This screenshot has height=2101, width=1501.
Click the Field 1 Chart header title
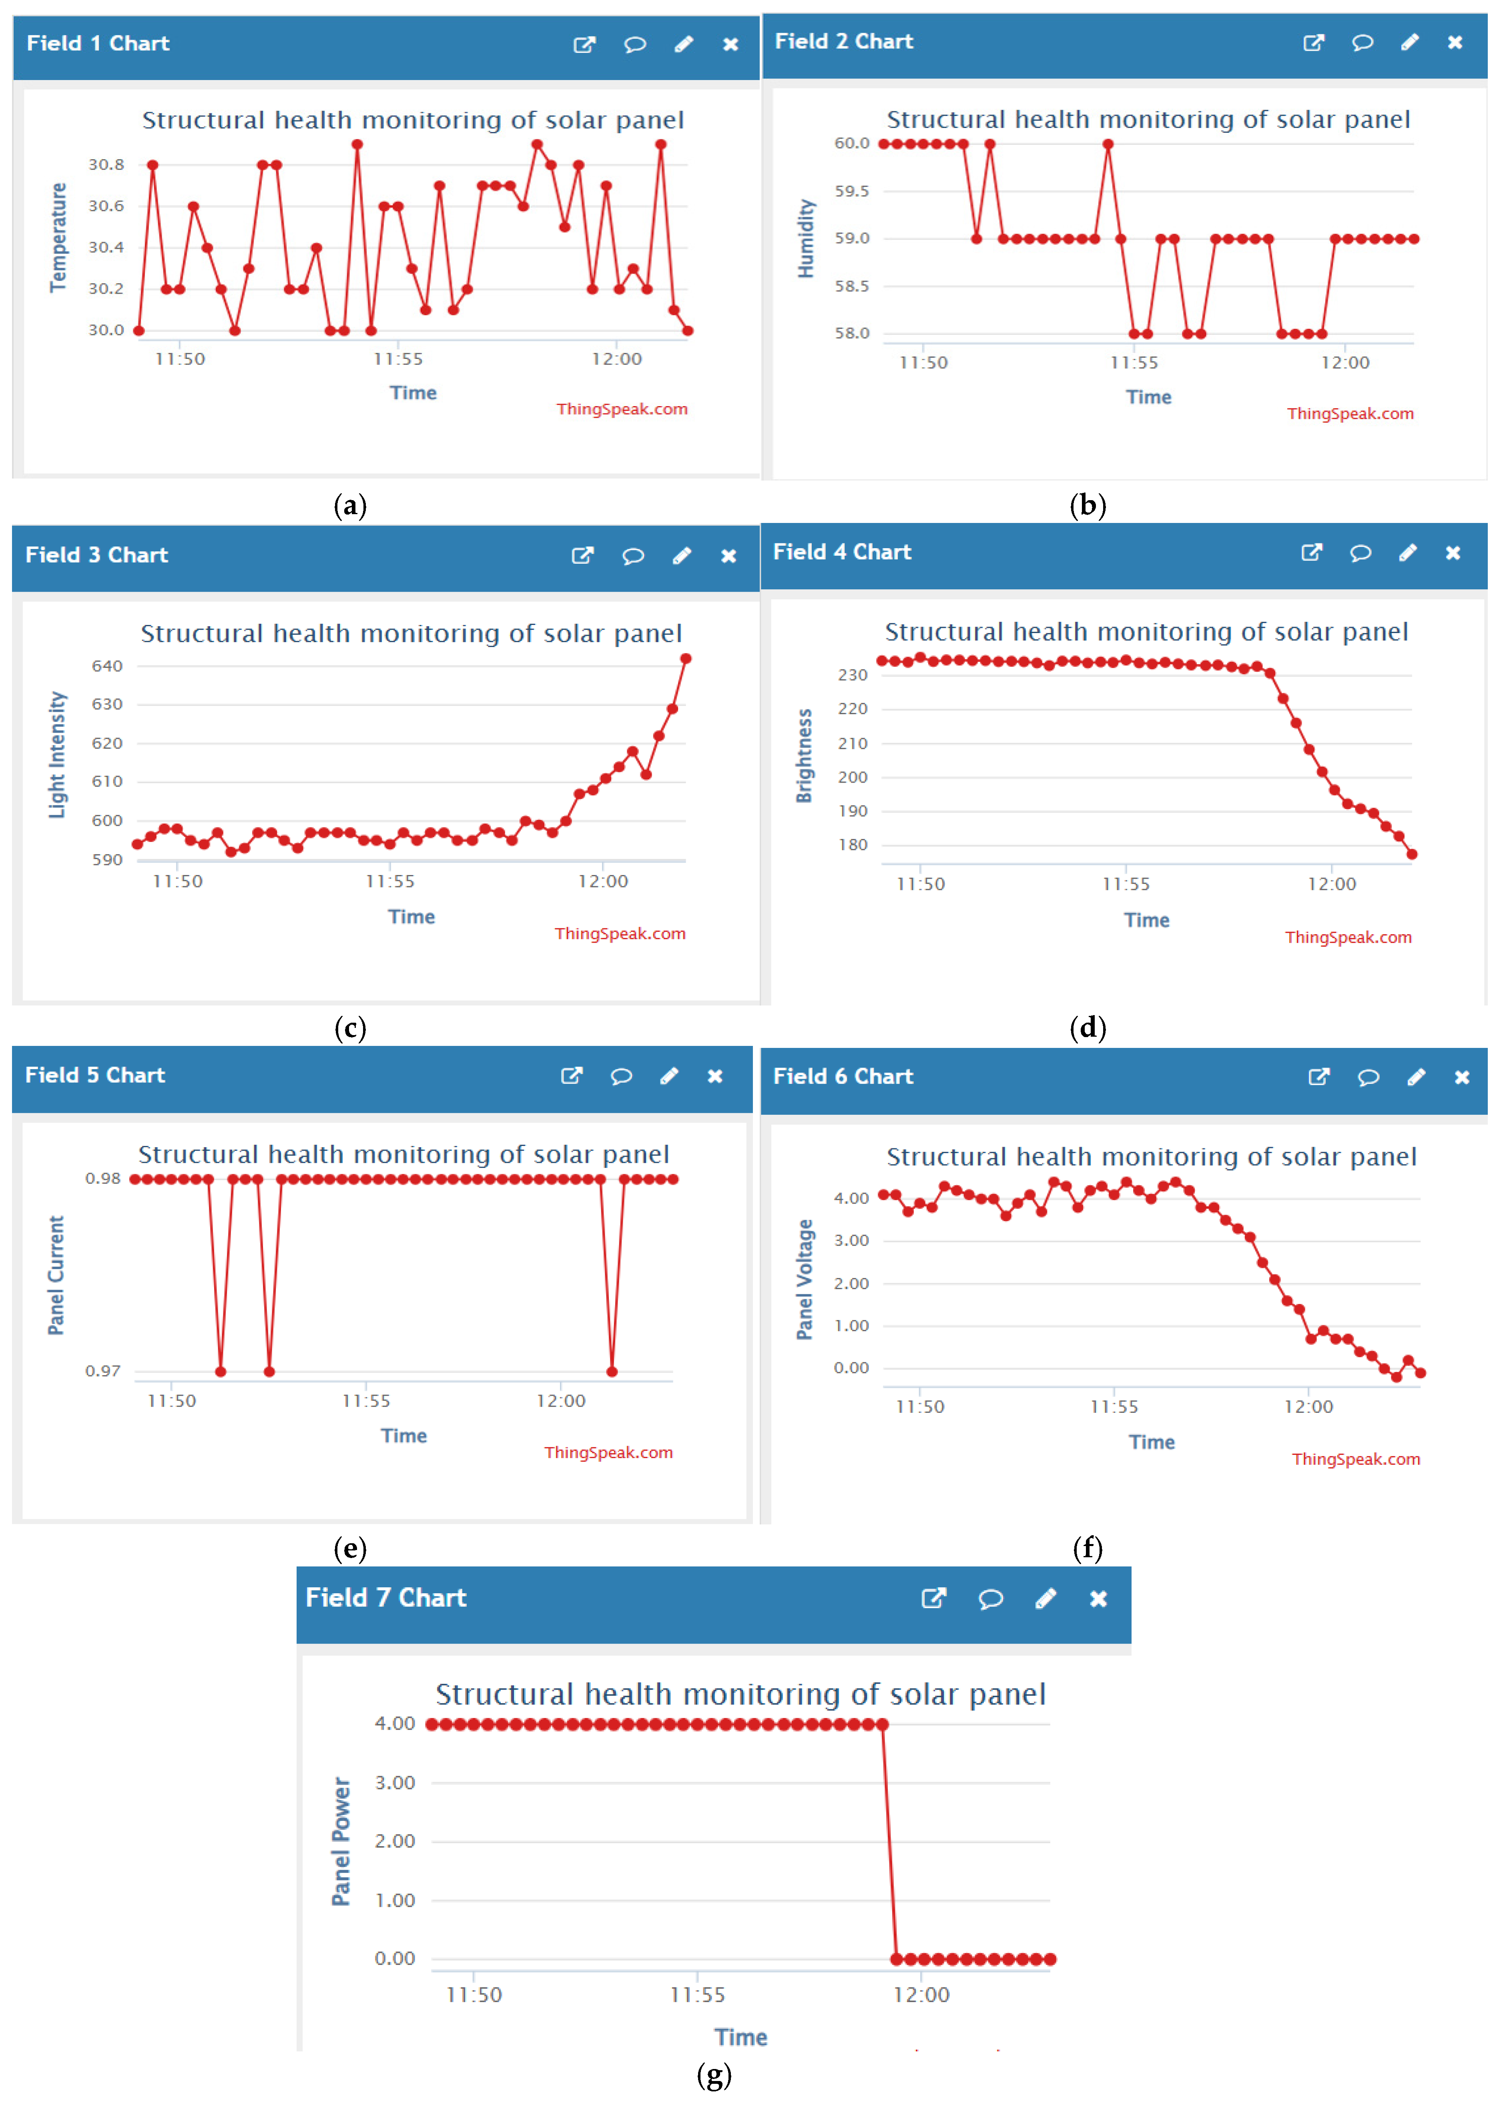point(98,44)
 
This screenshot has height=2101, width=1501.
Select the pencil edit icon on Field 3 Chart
point(681,555)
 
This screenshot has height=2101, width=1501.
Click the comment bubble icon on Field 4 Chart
point(1360,553)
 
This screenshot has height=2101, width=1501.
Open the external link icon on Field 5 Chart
point(571,1076)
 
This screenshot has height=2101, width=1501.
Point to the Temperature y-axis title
point(58,237)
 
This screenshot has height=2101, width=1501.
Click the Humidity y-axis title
point(806,238)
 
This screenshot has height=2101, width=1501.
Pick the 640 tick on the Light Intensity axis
point(107,665)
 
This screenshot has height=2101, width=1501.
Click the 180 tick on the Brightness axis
point(852,845)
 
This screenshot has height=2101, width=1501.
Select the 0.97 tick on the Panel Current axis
point(102,1370)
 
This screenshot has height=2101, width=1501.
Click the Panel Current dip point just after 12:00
point(612,1371)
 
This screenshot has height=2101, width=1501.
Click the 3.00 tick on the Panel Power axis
point(395,1782)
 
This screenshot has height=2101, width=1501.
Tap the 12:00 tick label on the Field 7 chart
point(921,1994)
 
